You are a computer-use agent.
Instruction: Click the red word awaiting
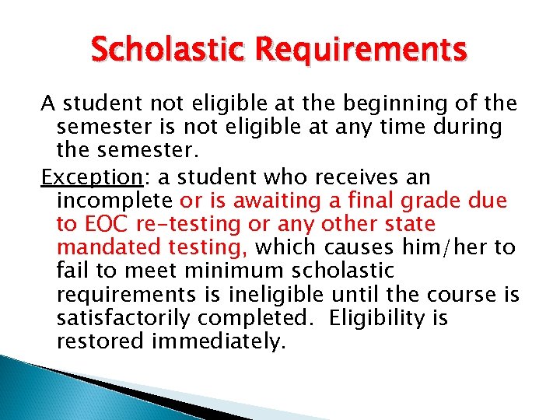pos(269,201)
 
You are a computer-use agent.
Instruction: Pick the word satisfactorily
pos(126,318)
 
